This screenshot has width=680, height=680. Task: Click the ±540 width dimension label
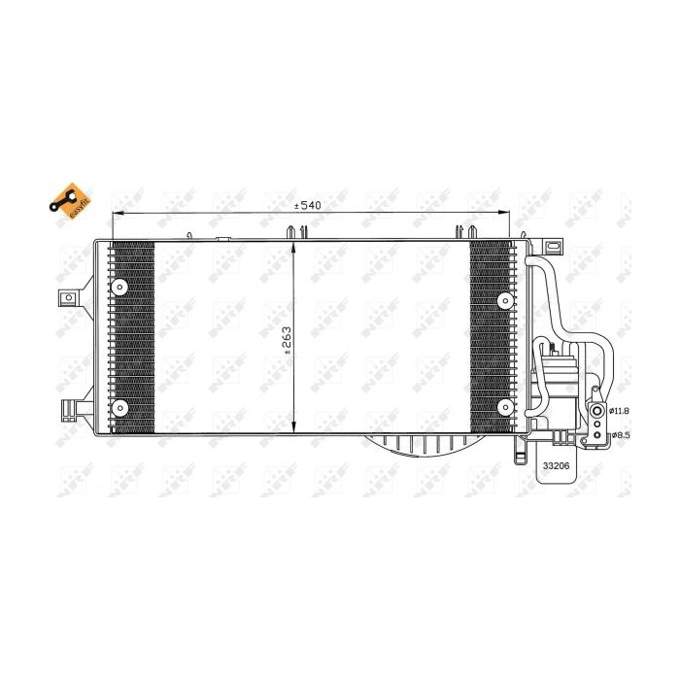pyautogui.click(x=308, y=205)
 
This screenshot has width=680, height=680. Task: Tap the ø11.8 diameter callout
pyautogui.click(x=620, y=411)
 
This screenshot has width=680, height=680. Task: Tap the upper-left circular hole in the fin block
pyautogui.click(x=120, y=288)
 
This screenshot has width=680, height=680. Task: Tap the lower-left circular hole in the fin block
pyautogui.click(x=120, y=407)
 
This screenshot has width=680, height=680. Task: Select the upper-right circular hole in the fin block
pyautogui.click(x=504, y=301)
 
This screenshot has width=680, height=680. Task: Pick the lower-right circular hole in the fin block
pyautogui.click(x=504, y=407)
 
